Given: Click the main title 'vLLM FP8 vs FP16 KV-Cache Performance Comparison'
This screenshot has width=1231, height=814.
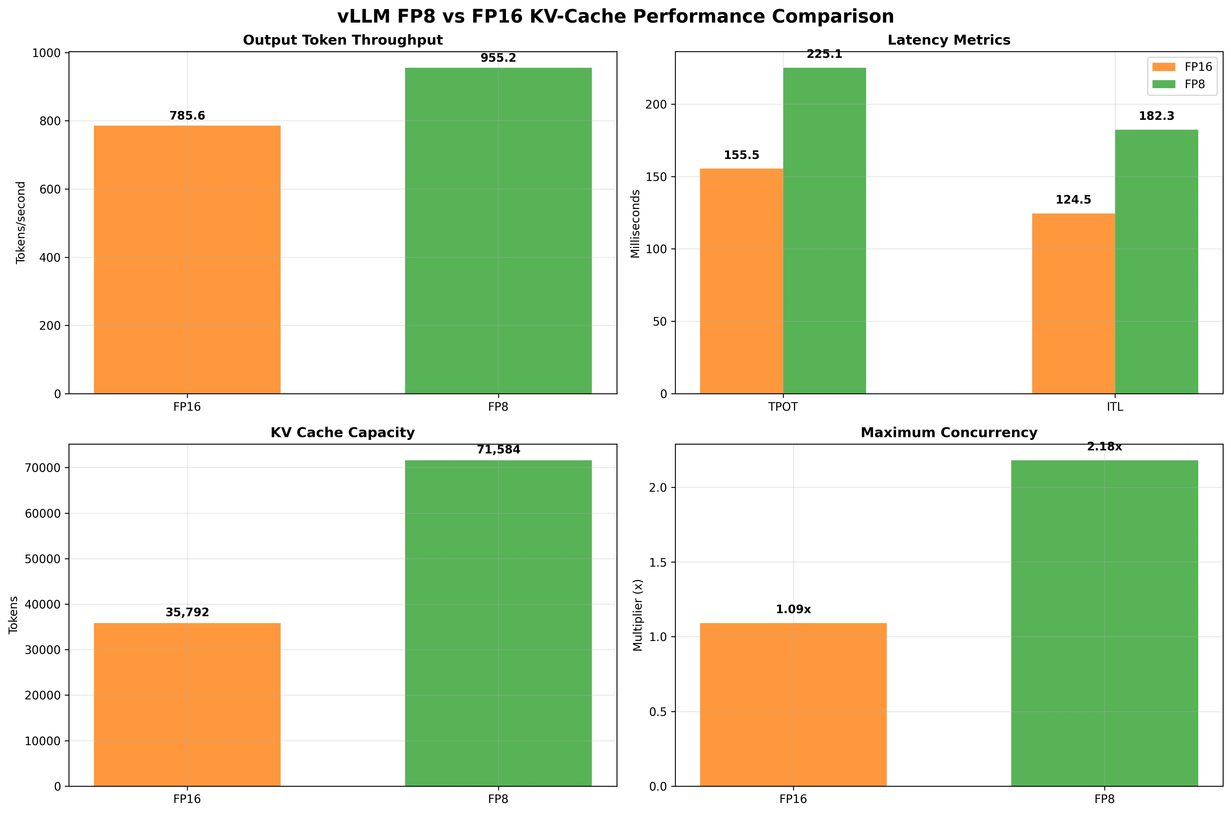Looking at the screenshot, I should (615, 17).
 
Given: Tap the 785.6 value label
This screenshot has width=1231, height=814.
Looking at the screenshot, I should (187, 116).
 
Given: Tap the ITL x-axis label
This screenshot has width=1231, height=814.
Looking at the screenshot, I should (1115, 407).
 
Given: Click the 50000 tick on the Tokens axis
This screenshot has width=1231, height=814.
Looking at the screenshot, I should (43, 559).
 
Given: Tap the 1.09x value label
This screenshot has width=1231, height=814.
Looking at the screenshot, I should (793, 609).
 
